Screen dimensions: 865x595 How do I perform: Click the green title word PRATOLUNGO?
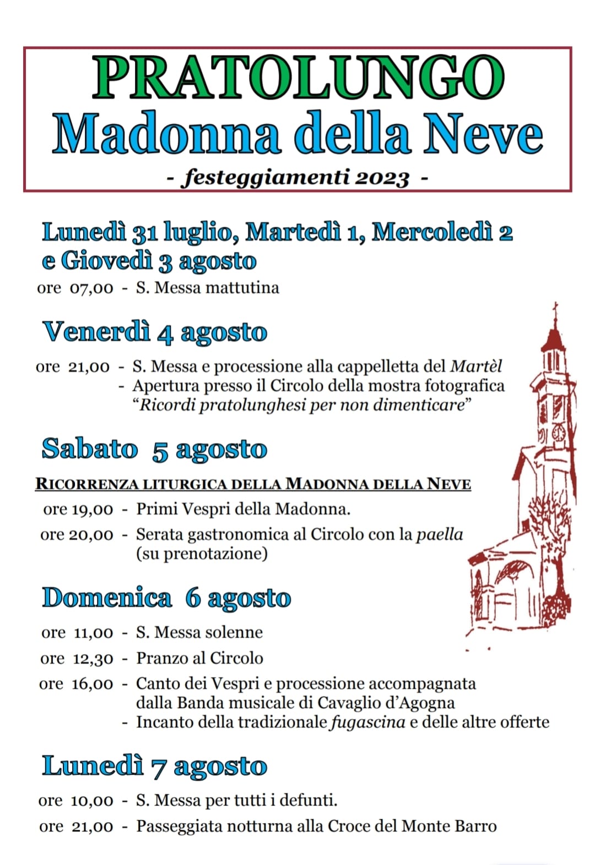298,78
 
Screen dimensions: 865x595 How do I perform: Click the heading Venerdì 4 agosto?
155,332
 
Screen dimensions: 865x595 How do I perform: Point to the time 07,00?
91,288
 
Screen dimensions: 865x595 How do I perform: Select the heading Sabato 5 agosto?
154,450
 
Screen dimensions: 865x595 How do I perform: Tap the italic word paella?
439,534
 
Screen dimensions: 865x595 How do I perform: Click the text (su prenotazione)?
202,554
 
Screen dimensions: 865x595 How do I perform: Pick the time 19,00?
93,510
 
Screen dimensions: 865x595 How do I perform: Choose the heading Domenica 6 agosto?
166,598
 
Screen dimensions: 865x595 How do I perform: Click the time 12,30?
93,659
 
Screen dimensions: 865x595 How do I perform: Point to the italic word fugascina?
367,722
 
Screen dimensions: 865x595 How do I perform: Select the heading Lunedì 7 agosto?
154,767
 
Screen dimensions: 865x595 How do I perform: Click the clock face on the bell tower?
558,432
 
